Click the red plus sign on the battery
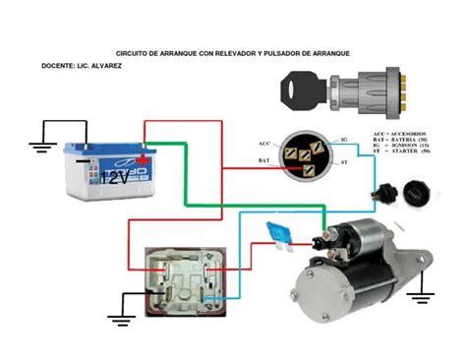[145, 158]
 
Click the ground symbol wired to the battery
[40, 148]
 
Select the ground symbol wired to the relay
[121, 317]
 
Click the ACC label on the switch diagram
[263, 144]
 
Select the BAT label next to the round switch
[264, 159]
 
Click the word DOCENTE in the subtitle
[57, 65]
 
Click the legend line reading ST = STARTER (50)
[401, 152]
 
